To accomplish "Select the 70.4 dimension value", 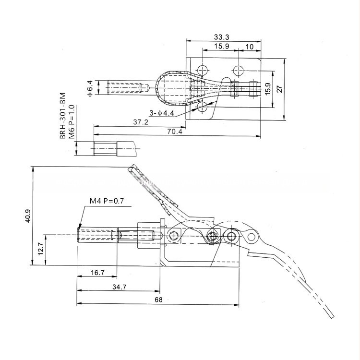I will coord(175,132).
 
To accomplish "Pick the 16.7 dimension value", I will coord(97,273).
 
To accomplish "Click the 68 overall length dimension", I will coord(159,300).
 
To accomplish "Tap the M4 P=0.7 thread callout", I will coord(107,201).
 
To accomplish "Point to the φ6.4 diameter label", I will coord(90,89).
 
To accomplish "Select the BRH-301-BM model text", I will coord(62,117).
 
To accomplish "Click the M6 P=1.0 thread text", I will coord(72,122).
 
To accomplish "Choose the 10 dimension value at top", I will coord(250,47).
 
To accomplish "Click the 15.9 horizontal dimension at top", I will coord(221,47).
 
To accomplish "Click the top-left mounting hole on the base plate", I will coord(203,68).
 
